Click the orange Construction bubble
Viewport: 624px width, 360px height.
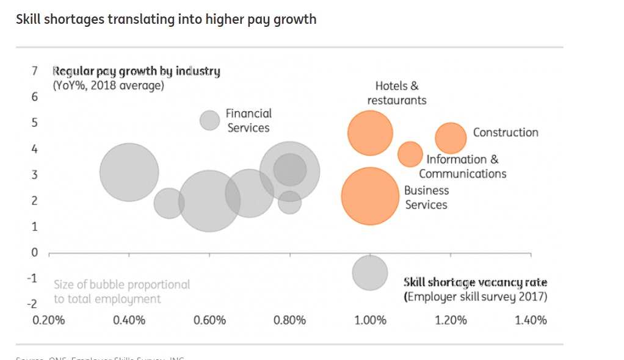[451, 138]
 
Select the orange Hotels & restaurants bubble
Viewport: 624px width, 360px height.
[370, 133]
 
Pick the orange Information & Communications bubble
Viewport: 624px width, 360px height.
[410, 154]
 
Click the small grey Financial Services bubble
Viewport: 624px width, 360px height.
[210, 120]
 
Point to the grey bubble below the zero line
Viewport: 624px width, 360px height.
[370, 272]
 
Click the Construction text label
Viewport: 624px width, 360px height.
[506, 132]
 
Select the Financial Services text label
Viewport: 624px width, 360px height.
[249, 120]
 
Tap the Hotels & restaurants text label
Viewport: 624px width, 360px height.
[397, 93]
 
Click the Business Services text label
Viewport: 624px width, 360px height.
[426, 197]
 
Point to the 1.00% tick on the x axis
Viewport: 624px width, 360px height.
[370, 320]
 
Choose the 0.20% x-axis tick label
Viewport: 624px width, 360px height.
[49, 320]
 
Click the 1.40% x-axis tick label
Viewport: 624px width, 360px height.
[531, 320]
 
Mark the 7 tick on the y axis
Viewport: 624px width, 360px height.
[35, 71]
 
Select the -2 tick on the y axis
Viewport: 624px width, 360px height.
[34, 303]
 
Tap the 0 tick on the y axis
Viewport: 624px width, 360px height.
[35, 252]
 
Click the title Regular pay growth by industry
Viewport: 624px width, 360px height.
[137, 71]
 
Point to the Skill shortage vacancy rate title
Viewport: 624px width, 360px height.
[476, 283]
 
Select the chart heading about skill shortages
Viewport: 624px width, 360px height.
[166, 19]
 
